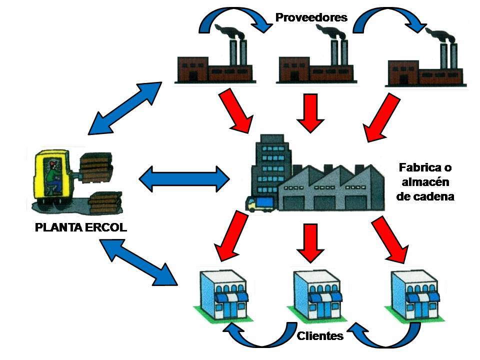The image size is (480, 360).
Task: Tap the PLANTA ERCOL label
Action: pyautogui.click(x=81, y=227)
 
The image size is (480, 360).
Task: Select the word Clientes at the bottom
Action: pyautogui.click(x=320, y=335)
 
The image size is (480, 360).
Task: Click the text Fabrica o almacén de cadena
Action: pyautogui.click(x=425, y=181)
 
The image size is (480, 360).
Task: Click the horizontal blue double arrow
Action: pyautogui.click(x=184, y=178)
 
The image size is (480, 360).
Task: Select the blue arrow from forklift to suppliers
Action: pyautogui.click(x=124, y=108)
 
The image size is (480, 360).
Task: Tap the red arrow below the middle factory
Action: pyautogui.click(x=311, y=112)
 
